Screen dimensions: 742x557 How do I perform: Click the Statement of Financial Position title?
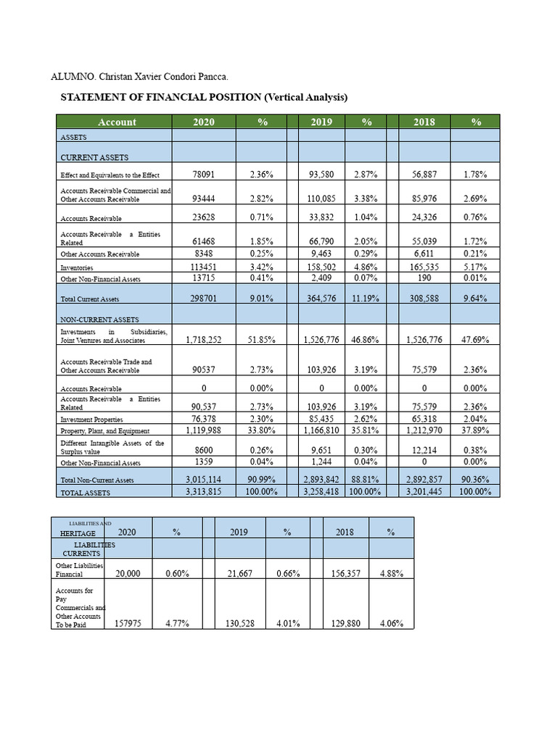tap(203, 97)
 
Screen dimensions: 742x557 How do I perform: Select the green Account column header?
tap(117, 122)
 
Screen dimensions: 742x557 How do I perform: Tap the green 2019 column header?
tap(321, 122)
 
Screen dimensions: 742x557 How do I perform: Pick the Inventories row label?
tap(76, 268)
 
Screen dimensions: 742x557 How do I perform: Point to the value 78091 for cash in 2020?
tap(204, 175)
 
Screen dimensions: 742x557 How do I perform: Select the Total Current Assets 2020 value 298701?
tap(204, 298)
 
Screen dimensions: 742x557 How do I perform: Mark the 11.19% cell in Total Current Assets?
tap(367, 298)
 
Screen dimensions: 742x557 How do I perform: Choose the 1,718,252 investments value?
tap(204, 339)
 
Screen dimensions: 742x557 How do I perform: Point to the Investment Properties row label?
tap(91, 420)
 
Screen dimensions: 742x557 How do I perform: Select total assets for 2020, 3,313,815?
tap(204, 491)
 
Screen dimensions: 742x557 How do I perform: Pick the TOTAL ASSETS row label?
tap(85, 492)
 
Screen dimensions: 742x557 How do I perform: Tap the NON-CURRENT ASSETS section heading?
tap(99, 319)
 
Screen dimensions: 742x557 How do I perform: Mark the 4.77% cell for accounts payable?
tap(178, 623)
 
